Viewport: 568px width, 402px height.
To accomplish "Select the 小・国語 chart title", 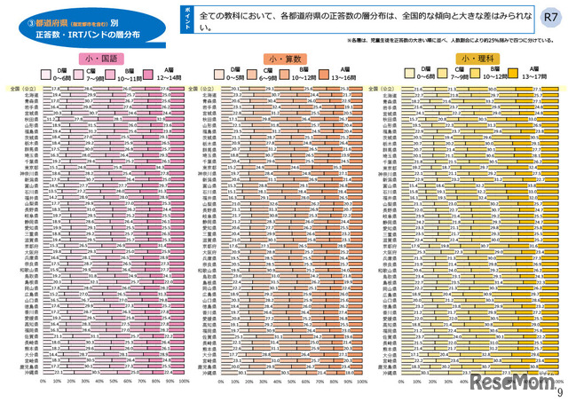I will tap(99, 58).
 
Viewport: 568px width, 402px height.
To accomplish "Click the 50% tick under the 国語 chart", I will tap(113, 380).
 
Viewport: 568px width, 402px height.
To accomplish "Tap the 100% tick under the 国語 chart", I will tap(181, 380).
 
